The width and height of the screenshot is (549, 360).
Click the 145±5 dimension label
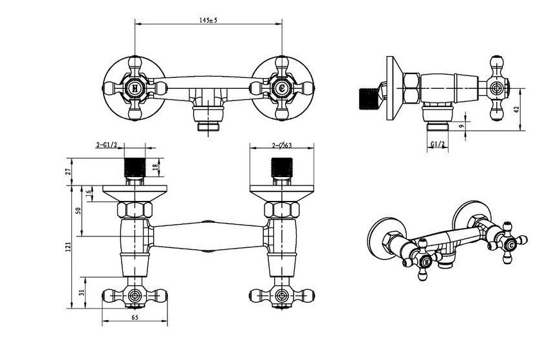click(209, 20)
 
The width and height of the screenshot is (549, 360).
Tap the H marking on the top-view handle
click(135, 88)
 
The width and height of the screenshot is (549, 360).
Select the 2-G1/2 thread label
click(106, 145)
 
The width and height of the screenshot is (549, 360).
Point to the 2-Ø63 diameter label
click(282, 145)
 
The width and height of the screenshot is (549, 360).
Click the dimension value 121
click(69, 247)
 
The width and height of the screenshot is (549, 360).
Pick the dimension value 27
click(69, 171)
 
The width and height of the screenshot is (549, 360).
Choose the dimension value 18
click(155, 167)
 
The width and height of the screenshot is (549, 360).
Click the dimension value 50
click(79, 211)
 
